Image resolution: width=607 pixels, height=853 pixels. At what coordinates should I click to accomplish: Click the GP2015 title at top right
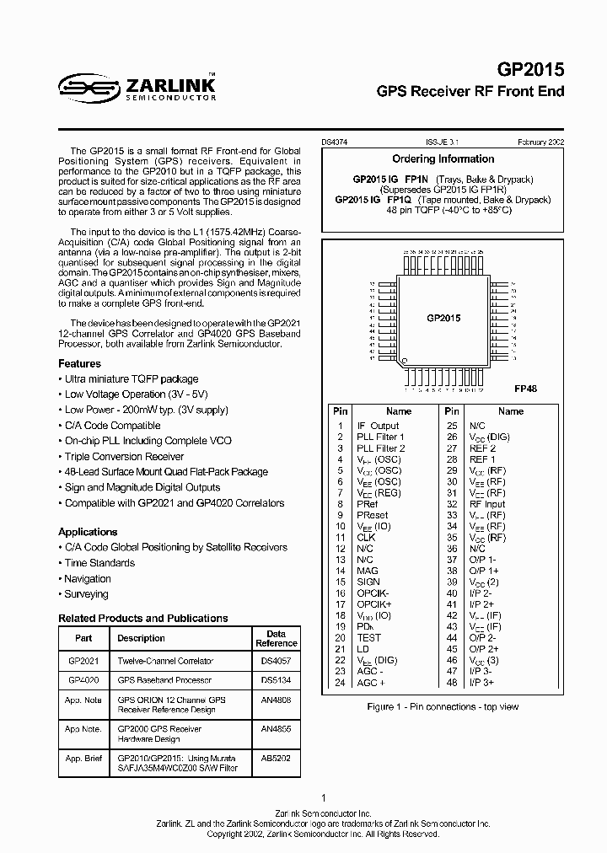pos(529,70)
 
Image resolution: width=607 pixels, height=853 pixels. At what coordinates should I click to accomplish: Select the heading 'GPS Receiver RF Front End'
pos(470,91)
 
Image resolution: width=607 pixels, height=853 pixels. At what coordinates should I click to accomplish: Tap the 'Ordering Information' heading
pos(443,158)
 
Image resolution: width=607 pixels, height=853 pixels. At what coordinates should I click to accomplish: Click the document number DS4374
pos(336,143)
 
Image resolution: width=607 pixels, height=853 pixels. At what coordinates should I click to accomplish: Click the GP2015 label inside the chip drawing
pos(443,318)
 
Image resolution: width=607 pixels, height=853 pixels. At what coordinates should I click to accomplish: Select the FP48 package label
pos(525,389)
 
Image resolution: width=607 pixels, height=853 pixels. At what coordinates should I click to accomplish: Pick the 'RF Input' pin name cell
pos(510,503)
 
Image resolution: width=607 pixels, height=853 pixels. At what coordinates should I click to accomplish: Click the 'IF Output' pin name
pos(378,426)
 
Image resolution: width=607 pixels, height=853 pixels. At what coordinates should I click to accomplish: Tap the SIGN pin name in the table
pos(368,582)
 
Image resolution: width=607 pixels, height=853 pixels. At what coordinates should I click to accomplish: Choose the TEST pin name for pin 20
pos(368,638)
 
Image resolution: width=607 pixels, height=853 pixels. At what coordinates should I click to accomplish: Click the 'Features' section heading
pos(79,363)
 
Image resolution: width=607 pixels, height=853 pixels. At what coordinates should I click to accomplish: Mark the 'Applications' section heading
pos(88,532)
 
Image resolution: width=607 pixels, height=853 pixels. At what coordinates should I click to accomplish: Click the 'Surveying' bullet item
pos(86,594)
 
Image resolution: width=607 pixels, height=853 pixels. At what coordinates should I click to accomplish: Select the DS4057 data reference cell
pos(277,662)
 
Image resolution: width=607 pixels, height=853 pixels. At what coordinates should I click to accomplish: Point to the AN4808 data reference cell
pos(277,700)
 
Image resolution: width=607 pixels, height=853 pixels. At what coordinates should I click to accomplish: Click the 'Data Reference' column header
pos(277,638)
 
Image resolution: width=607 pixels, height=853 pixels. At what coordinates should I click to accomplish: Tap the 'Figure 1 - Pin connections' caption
pos(443,707)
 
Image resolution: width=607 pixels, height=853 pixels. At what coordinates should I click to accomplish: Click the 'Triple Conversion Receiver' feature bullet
pos(124,457)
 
